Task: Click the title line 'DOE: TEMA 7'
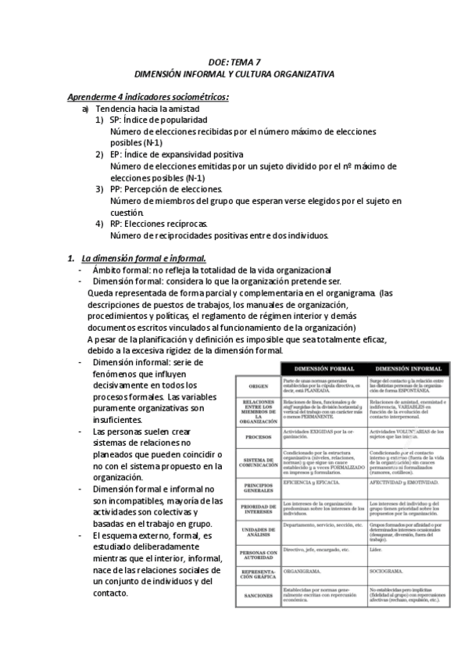(234, 60)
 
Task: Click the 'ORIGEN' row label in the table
(259, 385)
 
